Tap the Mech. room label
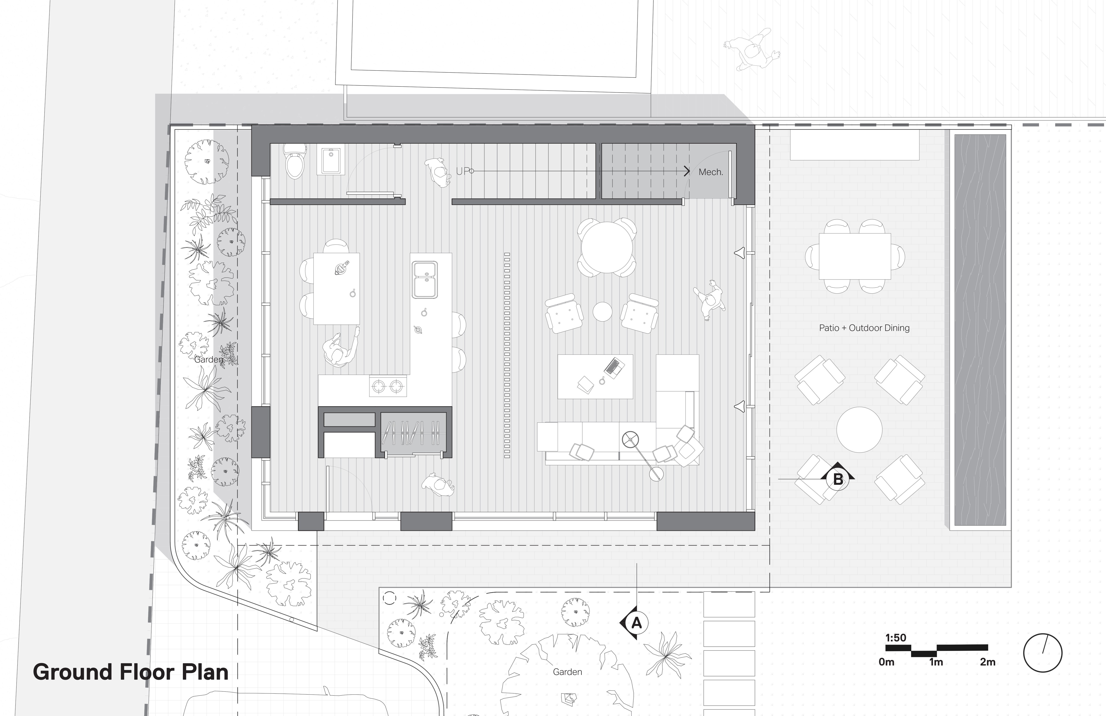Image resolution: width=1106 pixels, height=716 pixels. [710, 172]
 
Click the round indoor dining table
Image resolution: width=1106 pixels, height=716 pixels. [607, 248]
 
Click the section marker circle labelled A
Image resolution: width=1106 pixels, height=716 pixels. [636, 622]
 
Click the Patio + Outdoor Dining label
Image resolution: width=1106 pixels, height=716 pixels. [864, 328]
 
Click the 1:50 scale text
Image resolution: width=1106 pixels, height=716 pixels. [895, 637]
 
